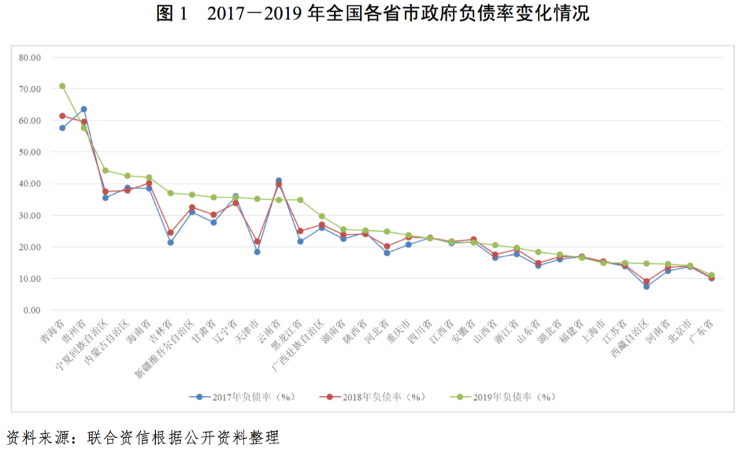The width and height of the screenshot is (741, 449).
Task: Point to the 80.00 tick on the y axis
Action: [30, 58]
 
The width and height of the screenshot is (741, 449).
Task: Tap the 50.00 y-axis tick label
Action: [30, 152]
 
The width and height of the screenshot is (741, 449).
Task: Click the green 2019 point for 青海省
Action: [62, 86]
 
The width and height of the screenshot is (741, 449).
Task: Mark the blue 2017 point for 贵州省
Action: [84, 109]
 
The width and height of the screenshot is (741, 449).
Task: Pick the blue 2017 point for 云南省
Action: [279, 180]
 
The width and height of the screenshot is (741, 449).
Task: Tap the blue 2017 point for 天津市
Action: [257, 252]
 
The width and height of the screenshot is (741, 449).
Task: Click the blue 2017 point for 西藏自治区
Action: [646, 287]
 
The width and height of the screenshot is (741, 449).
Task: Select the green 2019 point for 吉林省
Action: [170, 193]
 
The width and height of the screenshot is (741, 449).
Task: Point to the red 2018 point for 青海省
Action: [62, 116]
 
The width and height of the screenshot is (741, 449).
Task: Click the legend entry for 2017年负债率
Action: [244, 397]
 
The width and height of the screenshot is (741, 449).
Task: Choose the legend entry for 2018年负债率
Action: [374, 397]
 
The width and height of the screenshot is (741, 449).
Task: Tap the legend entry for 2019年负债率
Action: [504, 397]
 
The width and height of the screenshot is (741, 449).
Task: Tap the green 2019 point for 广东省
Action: [711, 276]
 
